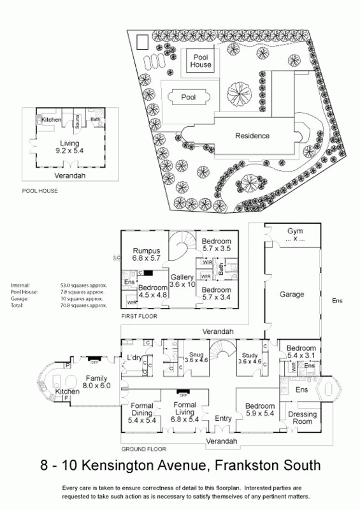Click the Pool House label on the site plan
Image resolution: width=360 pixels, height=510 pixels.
pos(202,61)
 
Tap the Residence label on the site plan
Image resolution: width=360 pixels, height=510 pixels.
pos(252,136)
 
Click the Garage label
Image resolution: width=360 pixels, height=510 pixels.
pos(292,295)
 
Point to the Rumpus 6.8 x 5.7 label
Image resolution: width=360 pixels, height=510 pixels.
pos(146,254)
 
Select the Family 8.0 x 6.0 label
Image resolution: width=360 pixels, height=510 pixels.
pos(96,381)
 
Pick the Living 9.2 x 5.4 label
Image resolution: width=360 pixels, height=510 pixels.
pos(70,147)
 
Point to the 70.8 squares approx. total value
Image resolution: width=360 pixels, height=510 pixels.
pos(89,306)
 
